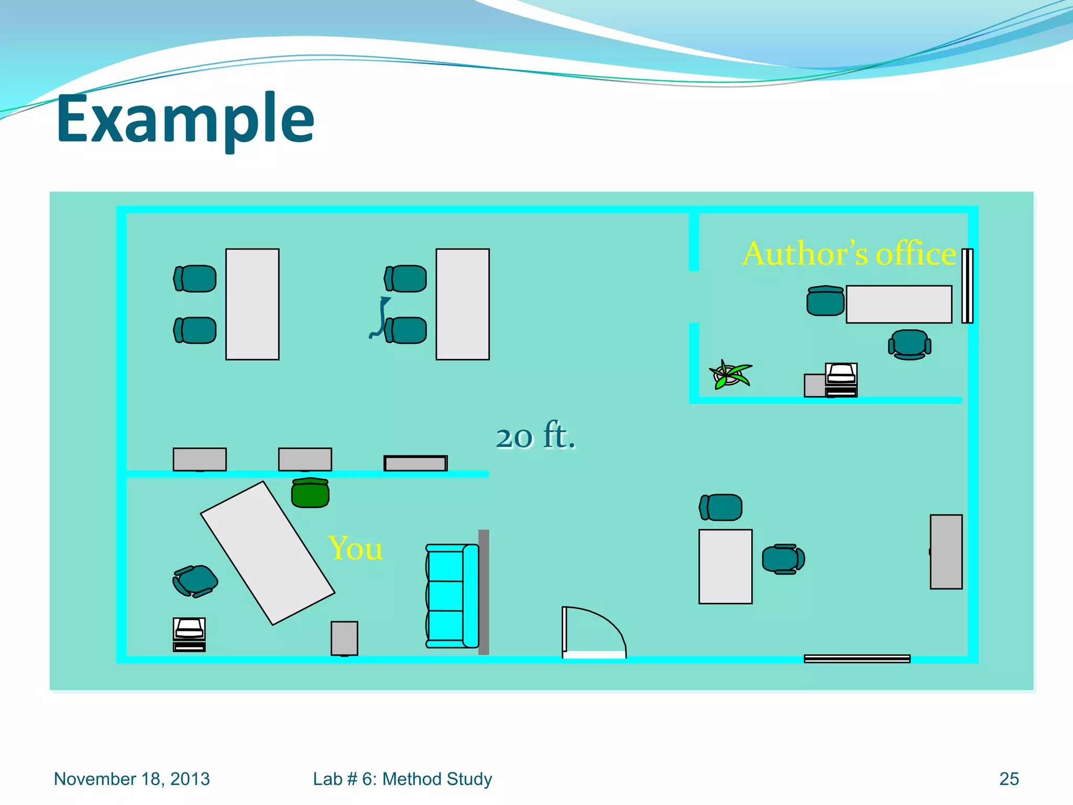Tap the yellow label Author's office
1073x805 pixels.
[849, 254]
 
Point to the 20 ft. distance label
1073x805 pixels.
[535, 436]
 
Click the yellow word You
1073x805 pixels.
[355, 548]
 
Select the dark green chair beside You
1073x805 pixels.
[310, 493]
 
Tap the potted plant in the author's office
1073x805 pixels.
[729, 374]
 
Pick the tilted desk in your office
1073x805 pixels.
[267, 553]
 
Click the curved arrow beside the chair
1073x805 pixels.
[380, 317]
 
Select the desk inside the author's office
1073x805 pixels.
[899, 304]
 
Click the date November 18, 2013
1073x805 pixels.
[132, 779]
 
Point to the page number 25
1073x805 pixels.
[1009, 779]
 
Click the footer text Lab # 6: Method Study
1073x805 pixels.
[402, 779]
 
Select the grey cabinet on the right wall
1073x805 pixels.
[946, 552]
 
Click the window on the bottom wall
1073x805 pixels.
[857, 659]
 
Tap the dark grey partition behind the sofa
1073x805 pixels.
[484, 592]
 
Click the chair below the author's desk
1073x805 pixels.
[910, 344]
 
